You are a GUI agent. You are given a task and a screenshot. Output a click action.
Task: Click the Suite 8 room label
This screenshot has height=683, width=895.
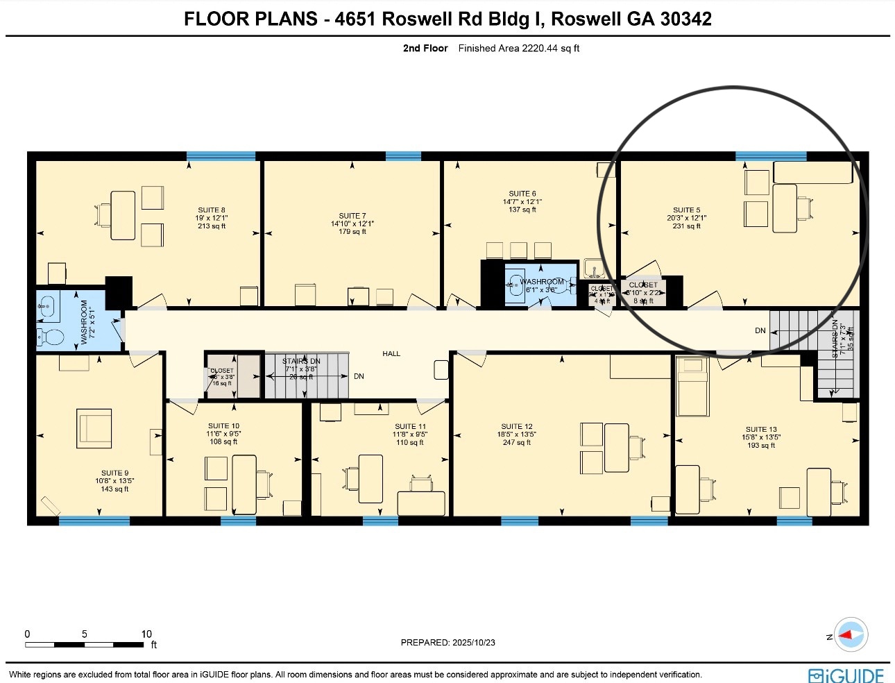pyautogui.click(x=212, y=210)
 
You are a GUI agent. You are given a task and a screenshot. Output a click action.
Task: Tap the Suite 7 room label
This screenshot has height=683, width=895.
pyautogui.click(x=352, y=216)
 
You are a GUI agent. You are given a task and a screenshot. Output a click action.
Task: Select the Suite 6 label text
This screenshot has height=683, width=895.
pyautogui.click(x=522, y=194)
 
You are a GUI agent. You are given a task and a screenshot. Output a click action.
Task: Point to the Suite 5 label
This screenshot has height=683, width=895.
pyautogui.click(x=686, y=210)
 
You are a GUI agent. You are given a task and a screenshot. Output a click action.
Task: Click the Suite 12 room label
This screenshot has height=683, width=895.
pyautogui.click(x=517, y=427)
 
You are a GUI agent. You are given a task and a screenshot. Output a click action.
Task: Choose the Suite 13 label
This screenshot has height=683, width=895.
pyautogui.click(x=761, y=430)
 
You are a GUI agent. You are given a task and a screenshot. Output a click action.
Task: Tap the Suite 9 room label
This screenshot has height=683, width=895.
pyautogui.click(x=114, y=473)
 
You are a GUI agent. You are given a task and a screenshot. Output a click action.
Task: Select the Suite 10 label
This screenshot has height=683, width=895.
pyautogui.click(x=223, y=426)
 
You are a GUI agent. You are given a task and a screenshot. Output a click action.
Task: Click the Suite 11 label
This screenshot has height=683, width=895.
pyautogui.click(x=410, y=427)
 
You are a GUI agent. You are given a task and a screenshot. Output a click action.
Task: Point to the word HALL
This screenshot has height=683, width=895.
pyautogui.click(x=391, y=354)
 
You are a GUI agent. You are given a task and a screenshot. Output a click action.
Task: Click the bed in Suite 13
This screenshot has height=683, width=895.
pyautogui.click(x=692, y=387)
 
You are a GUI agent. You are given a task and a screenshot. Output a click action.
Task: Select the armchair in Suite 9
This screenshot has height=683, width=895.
pyautogui.click(x=94, y=428)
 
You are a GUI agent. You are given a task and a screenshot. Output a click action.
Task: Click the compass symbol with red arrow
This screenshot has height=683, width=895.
pyautogui.click(x=850, y=634)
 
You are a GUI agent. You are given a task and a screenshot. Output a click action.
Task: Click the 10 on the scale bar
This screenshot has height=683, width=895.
pyautogui.click(x=146, y=634)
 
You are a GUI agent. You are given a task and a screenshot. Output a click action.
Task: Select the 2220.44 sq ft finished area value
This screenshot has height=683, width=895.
pyautogui.click(x=541, y=49)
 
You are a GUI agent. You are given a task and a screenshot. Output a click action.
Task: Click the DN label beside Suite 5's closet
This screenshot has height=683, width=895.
pyautogui.click(x=760, y=331)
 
